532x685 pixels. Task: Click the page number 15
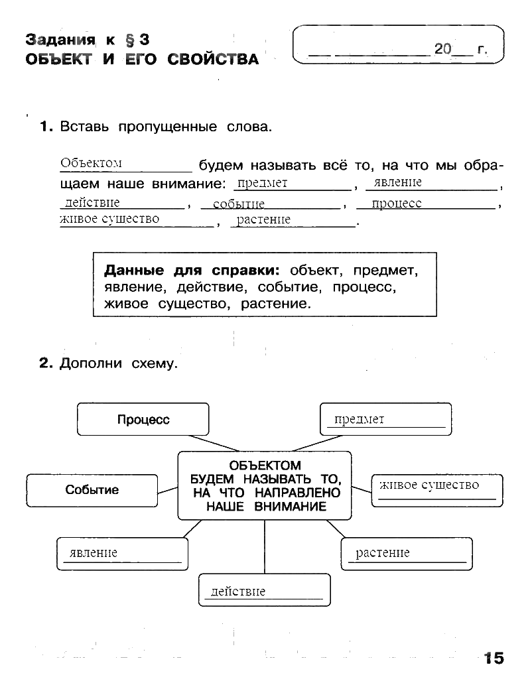(494, 658)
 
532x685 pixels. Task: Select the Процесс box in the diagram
(143, 419)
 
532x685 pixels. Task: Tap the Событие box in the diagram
(92, 491)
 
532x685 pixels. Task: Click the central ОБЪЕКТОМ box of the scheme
(265, 486)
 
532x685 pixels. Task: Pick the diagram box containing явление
(123, 554)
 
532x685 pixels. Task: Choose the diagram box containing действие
(265, 590)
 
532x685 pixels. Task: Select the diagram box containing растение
(407, 554)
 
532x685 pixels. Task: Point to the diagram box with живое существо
(437, 491)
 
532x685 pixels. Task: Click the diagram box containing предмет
(385, 419)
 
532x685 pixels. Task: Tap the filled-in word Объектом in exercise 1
(91, 163)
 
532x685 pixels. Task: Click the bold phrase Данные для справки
(192, 271)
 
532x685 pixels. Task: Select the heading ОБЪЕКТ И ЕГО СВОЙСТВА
(142, 60)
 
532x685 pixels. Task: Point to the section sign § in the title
(130, 40)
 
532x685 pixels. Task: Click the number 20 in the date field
(443, 48)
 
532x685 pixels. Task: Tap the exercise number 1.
(46, 127)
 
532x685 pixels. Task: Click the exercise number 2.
(46, 363)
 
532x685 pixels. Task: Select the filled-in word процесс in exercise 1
(397, 204)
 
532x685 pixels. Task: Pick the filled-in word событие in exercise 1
(239, 204)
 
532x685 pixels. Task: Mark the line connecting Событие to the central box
(168, 490)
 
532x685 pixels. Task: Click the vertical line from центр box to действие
(265, 547)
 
